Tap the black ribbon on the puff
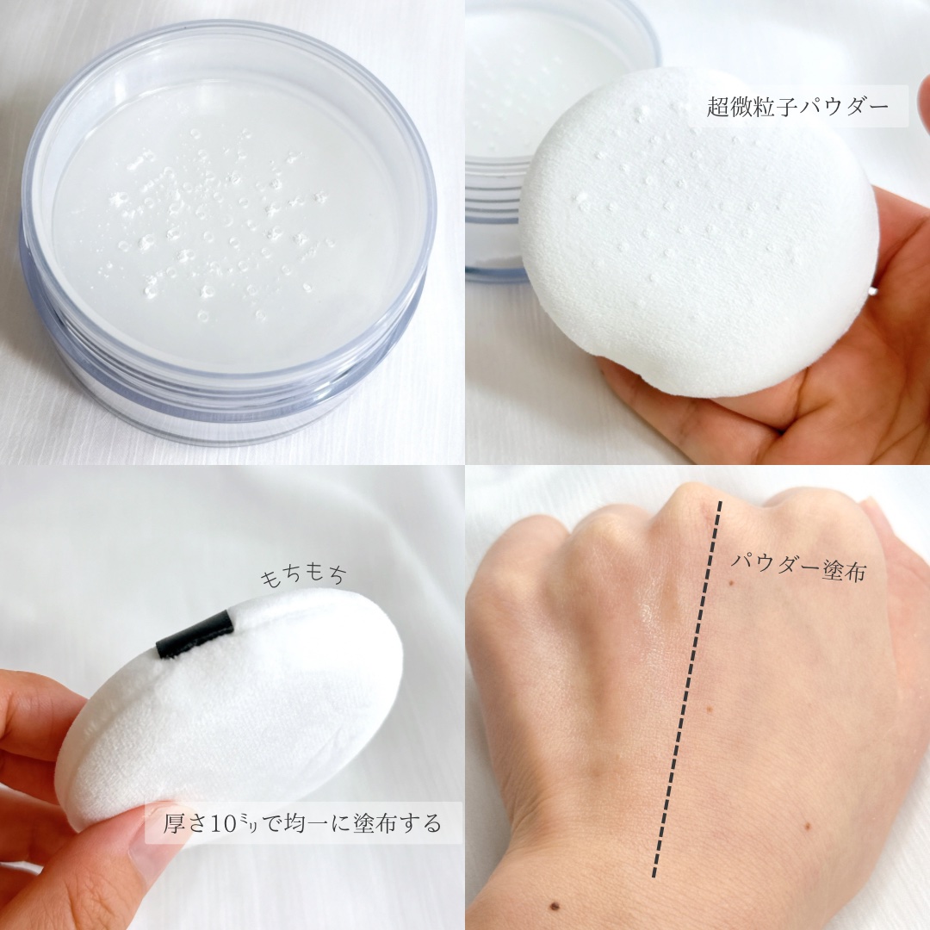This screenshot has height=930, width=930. pyautogui.click(x=195, y=635)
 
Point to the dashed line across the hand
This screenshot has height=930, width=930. pyautogui.click(x=685, y=689)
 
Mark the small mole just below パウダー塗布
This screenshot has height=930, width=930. pyautogui.click(x=731, y=585)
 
